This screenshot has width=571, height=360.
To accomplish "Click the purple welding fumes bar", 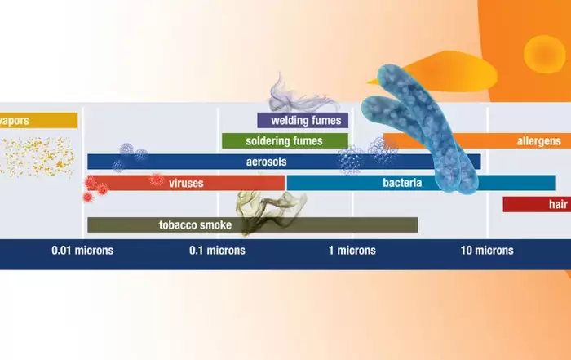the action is (x=303, y=120).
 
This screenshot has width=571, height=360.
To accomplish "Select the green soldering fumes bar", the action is (x=285, y=141).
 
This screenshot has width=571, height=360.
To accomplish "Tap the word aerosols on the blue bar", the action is (x=266, y=162).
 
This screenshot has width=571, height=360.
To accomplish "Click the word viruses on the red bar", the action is (x=186, y=183).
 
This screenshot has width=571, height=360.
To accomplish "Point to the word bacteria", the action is (x=402, y=183).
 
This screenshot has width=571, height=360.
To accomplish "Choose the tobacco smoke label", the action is (x=195, y=224).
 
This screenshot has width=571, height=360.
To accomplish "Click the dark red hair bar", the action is (x=537, y=204).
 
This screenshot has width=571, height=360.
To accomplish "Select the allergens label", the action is (x=539, y=141).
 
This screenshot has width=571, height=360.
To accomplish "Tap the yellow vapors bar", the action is (x=38, y=120).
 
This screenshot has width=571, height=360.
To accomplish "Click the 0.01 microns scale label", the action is (x=82, y=251).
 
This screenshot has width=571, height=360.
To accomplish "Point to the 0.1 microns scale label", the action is (x=217, y=251).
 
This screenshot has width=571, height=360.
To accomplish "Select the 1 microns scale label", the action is (x=352, y=251).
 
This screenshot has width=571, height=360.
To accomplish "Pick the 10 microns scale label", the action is (x=487, y=251).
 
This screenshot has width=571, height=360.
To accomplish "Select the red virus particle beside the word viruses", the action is (x=157, y=180).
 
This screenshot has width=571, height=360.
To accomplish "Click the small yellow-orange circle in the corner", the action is (x=545, y=55).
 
